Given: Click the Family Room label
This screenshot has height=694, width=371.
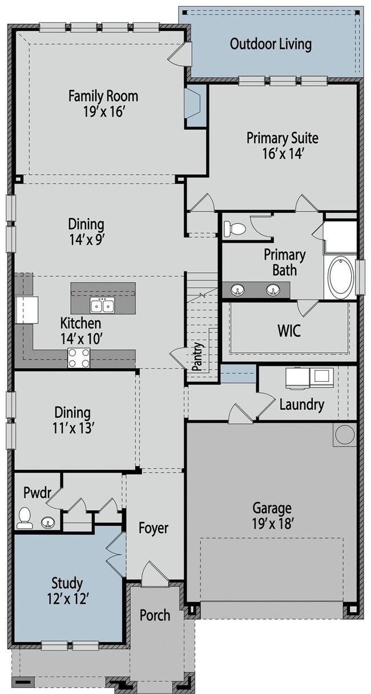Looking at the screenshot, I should point(103,95).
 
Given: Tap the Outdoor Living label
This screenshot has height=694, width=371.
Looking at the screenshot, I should point(271,44).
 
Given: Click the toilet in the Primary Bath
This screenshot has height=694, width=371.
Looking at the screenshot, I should point(235,229).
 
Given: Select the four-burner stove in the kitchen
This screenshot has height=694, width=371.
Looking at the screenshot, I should point(79,358).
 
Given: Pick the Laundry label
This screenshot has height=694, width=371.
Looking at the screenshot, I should point(301,405).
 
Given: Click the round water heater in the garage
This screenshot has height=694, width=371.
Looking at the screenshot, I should point(345,434).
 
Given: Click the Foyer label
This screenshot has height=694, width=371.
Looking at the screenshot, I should point(154,528).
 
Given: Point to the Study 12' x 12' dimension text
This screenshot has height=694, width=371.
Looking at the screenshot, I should point(67,598).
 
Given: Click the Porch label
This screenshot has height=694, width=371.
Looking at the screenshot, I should point(155,615).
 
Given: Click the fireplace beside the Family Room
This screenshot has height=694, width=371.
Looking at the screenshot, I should point(194,107).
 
